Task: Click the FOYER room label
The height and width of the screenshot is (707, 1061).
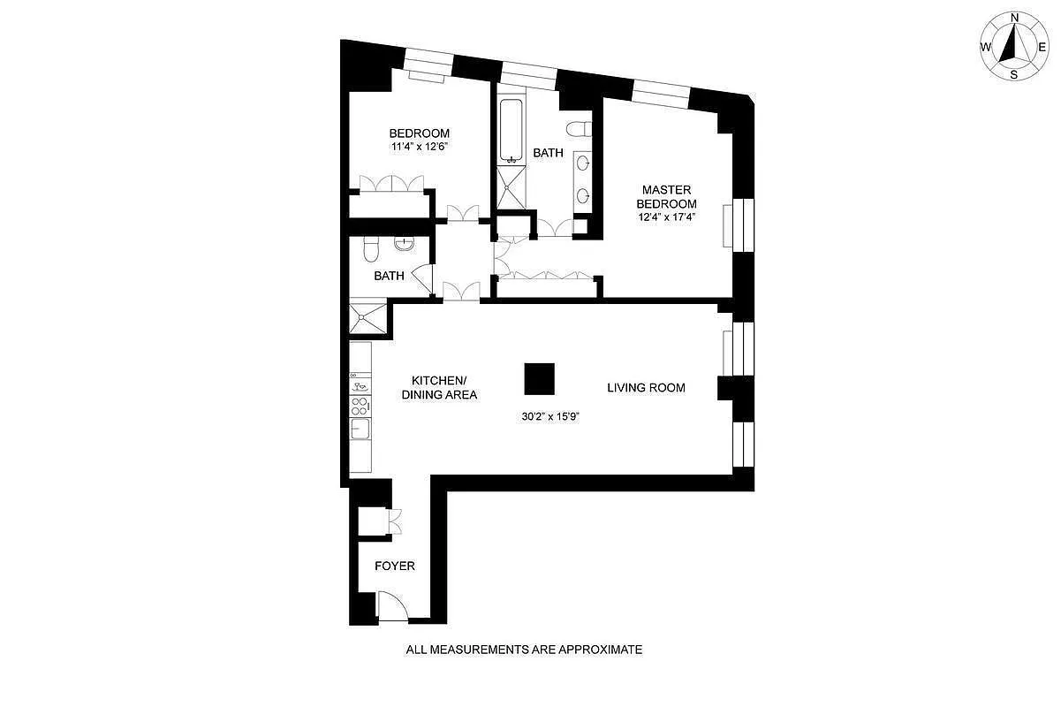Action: pos(394,566)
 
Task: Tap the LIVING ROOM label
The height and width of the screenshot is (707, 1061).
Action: pos(646,388)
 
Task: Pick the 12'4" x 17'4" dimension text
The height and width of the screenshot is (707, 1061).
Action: pos(678,217)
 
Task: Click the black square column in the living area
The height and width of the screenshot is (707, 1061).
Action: pos(539,379)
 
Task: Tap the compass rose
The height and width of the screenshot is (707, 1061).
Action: pos(1014,46)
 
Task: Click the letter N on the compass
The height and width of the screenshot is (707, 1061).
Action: pos(1014,18)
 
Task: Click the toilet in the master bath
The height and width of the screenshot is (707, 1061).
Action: pos(580,129)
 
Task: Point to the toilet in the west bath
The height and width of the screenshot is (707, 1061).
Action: pos(368,249)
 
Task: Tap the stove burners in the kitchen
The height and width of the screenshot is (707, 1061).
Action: pos(360,406)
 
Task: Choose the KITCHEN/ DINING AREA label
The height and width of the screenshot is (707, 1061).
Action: pos(439,388)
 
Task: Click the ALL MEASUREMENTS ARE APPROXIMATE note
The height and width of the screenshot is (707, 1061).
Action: pos(524,650)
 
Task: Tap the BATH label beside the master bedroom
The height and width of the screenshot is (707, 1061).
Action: pos(548,153)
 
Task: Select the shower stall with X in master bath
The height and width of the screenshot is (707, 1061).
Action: pos(512,187)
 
